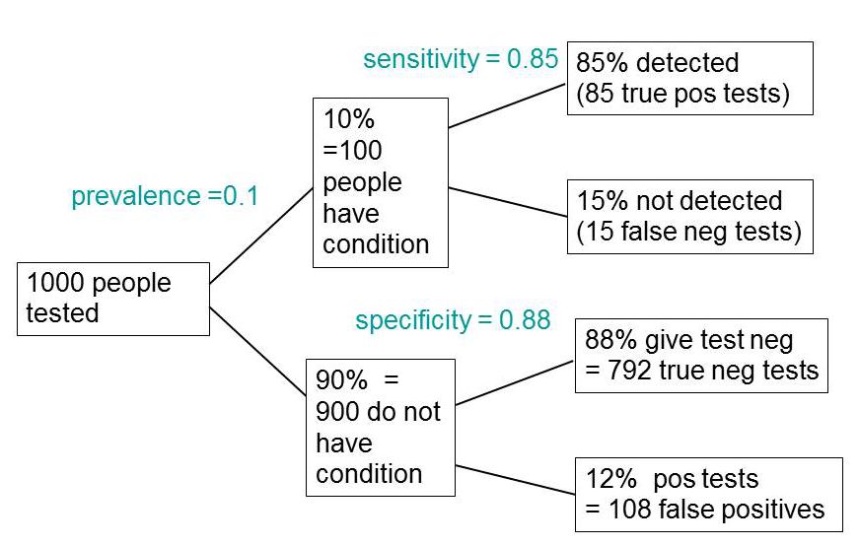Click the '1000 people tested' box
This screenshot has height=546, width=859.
(113, 299)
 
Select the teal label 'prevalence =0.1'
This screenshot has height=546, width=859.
(165, 196)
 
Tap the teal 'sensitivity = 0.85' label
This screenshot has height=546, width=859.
(461, 59)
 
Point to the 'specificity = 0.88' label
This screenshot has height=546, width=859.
(453, 320)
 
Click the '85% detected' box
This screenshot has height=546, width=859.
(689, 78)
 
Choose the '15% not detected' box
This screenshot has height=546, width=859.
(689, 217)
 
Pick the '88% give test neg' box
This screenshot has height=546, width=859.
(701, 356)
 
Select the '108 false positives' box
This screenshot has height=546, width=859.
(709, 495)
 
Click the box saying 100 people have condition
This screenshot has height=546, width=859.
(381, 183)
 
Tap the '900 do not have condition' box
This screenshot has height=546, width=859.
(381, 428)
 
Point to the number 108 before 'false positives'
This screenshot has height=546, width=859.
(629, 510)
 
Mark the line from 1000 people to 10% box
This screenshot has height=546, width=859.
(261, 236)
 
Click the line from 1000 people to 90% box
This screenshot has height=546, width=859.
(257, 352)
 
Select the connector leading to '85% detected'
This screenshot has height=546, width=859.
(507, 105)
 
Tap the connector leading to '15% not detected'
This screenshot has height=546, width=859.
(507, 202)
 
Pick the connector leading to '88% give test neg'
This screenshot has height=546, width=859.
(515, 382)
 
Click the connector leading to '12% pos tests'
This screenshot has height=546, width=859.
(515, 480)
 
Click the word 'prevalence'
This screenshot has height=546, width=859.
(136, 196)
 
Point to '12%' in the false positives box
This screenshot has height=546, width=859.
(610, 479)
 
